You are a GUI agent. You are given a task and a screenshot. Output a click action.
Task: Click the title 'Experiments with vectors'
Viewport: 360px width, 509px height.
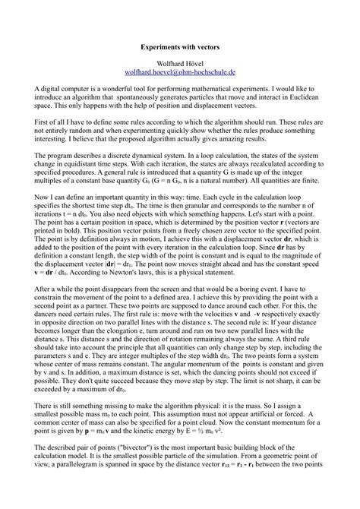point(180,46)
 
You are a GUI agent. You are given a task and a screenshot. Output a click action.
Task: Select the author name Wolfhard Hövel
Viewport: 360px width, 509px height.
point(180,65)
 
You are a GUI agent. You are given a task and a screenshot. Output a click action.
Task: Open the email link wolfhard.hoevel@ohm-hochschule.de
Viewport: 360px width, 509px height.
point(180,74)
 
